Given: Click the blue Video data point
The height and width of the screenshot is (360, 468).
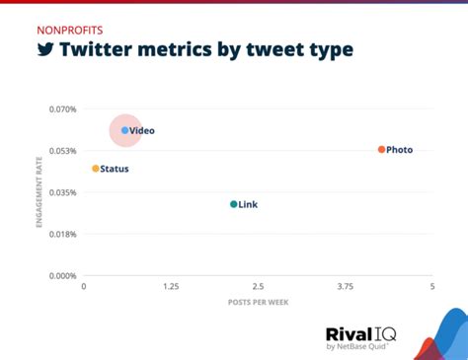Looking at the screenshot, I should [124, 130].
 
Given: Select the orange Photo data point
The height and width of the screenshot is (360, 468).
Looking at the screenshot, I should [381, 150].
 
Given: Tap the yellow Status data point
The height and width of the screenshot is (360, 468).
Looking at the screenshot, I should [96, 169].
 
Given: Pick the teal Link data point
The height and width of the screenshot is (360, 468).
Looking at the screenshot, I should [233, 204].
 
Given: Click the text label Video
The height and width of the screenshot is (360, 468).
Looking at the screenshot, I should [142, 130].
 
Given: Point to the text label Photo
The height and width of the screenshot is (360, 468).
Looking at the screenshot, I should [400, 150].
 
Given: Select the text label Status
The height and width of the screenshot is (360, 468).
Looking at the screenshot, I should [115, 169].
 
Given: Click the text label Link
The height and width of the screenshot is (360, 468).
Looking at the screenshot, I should [248, 205].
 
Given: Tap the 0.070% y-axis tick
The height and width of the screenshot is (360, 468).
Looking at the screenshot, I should [62, 108].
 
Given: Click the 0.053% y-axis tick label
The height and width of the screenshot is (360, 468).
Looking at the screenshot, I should [62, 151].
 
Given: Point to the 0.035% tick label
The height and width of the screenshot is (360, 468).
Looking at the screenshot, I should [62, 192].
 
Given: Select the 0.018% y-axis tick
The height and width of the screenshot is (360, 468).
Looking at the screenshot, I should [62, 234].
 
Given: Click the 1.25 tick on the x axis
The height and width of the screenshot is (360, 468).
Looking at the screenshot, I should [171, 286].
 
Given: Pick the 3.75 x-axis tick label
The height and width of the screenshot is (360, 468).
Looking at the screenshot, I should [345, 286].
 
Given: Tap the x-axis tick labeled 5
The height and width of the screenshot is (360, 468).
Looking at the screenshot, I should [431, 286].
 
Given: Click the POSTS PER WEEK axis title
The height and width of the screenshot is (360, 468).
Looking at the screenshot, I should [258, 301].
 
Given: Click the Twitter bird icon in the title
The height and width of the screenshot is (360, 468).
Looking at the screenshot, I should [45, 49].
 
